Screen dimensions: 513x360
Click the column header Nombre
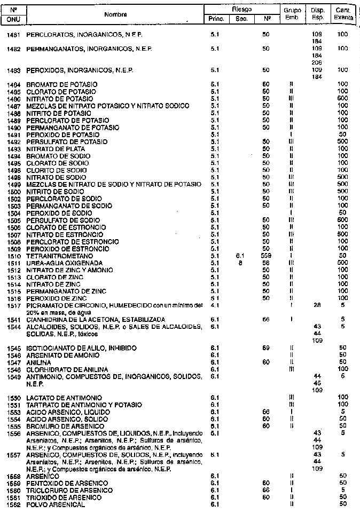[x=115, y=14]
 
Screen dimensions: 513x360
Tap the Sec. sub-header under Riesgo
[x=241, y=20]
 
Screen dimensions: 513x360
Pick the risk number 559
[x=265, y=256]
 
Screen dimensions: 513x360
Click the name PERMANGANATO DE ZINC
[x=65, y=291]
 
